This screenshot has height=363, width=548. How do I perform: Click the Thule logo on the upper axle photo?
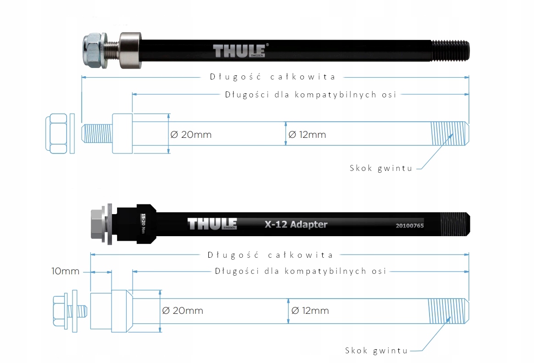[x=240, y=50]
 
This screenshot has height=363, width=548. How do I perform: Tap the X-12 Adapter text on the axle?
[x=296, y=224]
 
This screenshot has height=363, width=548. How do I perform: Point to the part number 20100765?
[x=409, y=226]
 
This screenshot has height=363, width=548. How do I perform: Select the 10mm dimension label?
[x=65, y=271]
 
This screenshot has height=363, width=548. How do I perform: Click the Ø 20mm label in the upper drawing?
[x=191, y=135]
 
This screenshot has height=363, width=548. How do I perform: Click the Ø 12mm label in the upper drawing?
[x=307, y=135]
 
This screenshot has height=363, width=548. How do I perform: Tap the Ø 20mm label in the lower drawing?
[x=183, y=311]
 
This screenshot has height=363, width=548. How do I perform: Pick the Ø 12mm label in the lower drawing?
[x=310, y=311]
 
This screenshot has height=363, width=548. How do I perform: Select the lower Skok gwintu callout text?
[x=376, y=351]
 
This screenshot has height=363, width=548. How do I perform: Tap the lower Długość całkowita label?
[x=270, y=255]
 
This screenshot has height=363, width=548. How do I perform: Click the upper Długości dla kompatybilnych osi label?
[x=310, y=95]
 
